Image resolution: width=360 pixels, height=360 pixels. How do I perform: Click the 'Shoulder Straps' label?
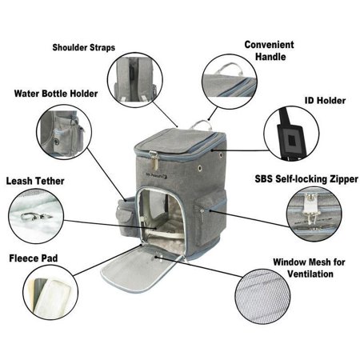tap(84, 47)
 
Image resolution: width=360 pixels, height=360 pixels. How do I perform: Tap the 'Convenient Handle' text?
tap(270, 50)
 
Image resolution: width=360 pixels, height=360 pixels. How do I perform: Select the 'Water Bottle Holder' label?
tap(56, 94)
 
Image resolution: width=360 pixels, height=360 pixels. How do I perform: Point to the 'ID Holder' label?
tap(325, 101)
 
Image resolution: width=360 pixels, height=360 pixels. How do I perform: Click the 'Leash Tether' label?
tap(35, 181)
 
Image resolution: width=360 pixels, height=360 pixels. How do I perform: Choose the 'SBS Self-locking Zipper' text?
tap(306, 179)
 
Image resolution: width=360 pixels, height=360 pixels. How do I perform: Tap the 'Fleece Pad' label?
tap(34, 258)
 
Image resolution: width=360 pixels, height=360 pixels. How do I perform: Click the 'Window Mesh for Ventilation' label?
tap(309, 268)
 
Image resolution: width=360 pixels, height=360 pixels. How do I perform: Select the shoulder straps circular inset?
tap(135, 80)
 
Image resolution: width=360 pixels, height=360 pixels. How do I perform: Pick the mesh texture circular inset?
tap(262, 297)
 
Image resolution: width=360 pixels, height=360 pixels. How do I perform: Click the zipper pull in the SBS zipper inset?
tap(310, 210)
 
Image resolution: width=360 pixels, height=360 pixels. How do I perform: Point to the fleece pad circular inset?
tap(50, 292)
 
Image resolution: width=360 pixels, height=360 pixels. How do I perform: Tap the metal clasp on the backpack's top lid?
tap(154, 160)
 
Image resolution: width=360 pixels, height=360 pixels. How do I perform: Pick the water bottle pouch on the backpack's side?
tap(126, 217)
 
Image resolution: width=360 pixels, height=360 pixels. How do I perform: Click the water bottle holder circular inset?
tap(64, 132)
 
